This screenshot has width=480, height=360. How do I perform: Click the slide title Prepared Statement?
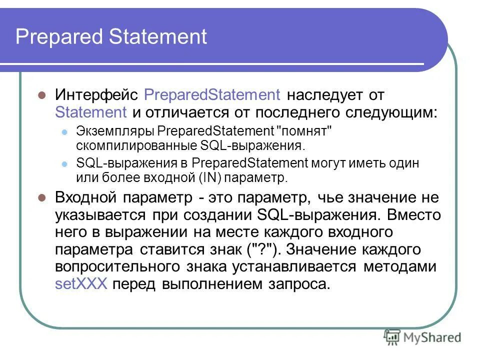[111, 37]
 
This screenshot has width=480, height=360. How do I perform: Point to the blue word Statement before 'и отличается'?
[91, 111]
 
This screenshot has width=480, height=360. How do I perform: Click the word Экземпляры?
[115, 131]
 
